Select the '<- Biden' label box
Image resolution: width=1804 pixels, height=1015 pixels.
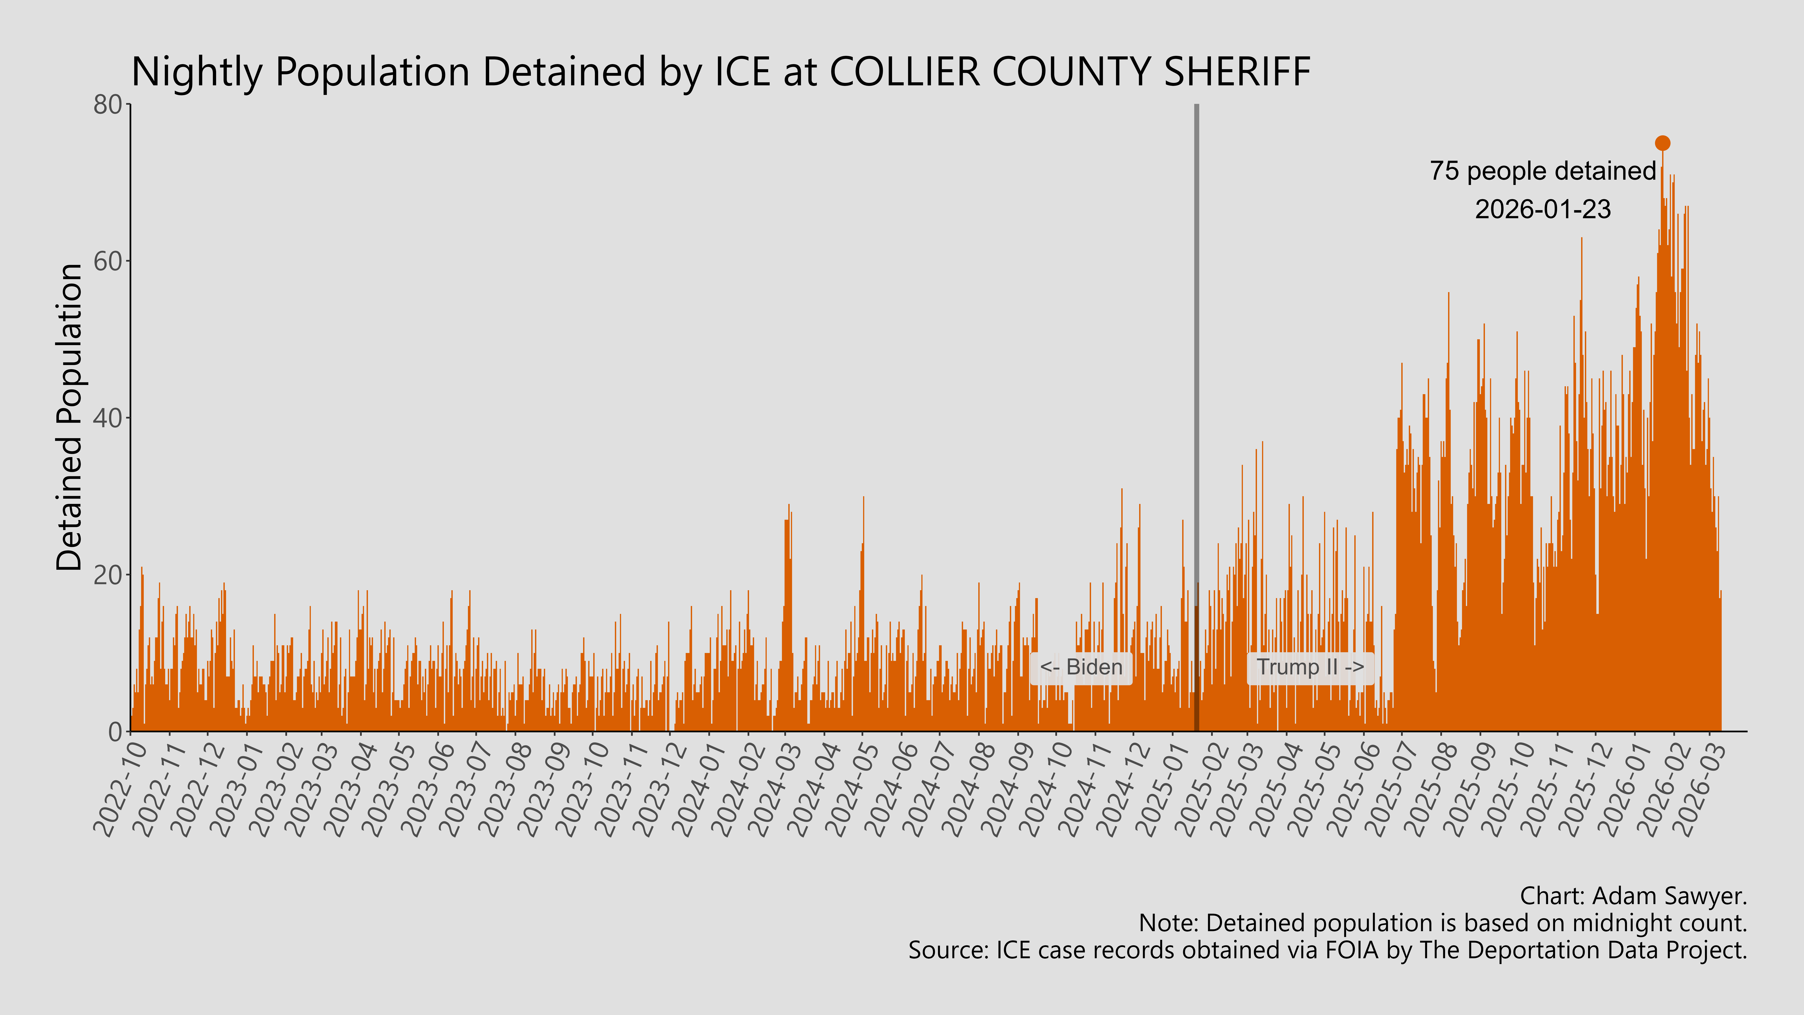(x=1081, y=667)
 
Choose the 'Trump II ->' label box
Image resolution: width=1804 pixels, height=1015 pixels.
(x=1310, y=667)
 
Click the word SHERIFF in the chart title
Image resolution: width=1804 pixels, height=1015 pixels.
(x=1237, y=71)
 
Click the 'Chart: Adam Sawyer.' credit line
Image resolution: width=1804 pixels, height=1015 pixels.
(x=1633, y=896)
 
